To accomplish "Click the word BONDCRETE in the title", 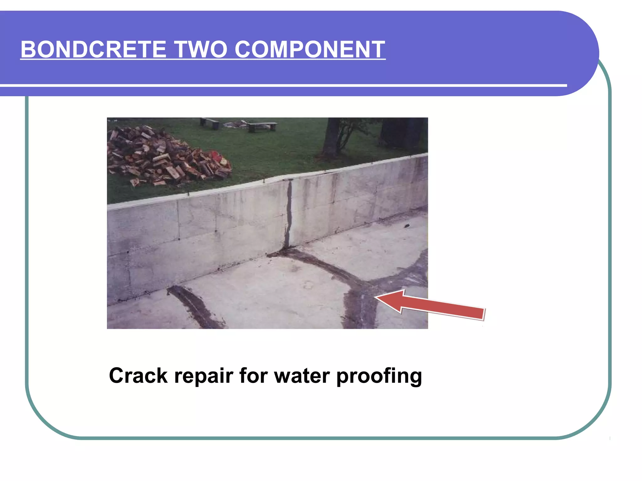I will (93, 49).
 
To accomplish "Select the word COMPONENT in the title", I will (310, 49).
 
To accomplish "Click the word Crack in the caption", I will (138, 375).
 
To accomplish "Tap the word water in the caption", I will (302, 376).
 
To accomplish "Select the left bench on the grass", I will (210, 123).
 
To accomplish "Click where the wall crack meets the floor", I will (286, 249).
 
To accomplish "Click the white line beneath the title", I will (282, 85).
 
